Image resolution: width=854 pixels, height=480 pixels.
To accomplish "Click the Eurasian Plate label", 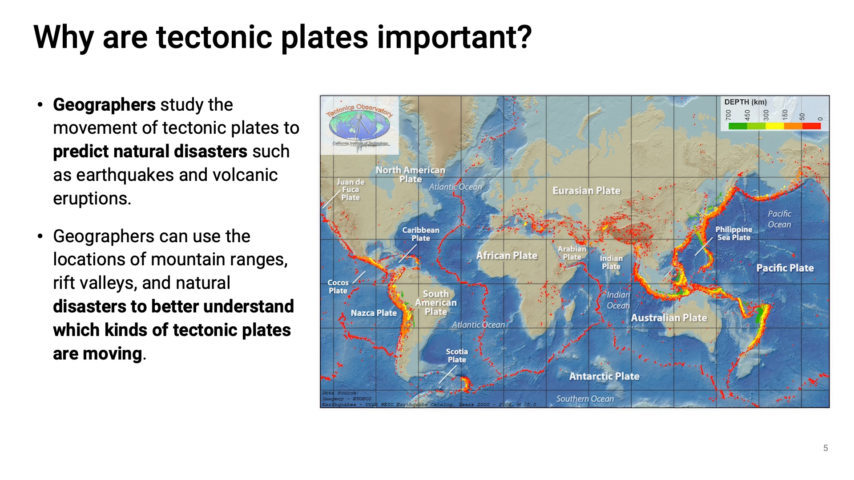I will pyautogui.click(x=586, y=191).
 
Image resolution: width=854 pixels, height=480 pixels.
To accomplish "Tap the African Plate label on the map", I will pyautogui.click(x=507, y=256).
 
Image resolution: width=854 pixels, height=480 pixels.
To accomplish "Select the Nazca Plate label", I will pyautogui.click(x=374, y=313).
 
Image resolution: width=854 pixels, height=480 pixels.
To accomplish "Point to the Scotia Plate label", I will pyautogui.click(x=457, y=356).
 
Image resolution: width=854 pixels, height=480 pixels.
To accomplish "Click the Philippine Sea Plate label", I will pyautogui.click(x=733, y=233).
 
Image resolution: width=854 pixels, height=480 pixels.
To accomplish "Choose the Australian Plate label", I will pyautogui.click(x=669, y=318).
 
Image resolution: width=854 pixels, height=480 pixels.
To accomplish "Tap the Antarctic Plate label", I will pyautogui.click(x=604, y=376).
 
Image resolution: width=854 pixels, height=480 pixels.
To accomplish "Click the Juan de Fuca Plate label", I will pyautogui.click(x=350, y=190).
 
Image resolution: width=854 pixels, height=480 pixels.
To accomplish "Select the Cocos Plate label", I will pyautogui.click(x=338, y=287).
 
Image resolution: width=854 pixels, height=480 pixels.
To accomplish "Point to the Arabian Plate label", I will pyautogui.click(x=572, y=253).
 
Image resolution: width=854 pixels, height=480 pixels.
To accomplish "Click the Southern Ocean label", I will pyautogui.click(x=585, y=399).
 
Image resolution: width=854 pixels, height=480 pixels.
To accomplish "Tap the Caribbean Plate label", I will pyautogui.click(x=421, y=234).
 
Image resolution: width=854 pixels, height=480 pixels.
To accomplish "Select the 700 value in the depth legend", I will pyautogui.click(x=728, y=115).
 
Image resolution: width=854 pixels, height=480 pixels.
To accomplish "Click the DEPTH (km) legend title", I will pyautogui.click(x=745, y=102).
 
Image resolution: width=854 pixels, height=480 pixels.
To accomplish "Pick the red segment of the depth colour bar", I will pyautogui.click(x=812, y=126).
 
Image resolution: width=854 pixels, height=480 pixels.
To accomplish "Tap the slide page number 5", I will pyautogui.click(x=826, y=448).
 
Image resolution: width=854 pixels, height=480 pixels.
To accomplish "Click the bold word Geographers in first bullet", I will pyautogui.click(x=104, y=105).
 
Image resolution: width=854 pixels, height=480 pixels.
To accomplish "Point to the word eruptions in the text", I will pyautogui.click(x=91, y=198).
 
